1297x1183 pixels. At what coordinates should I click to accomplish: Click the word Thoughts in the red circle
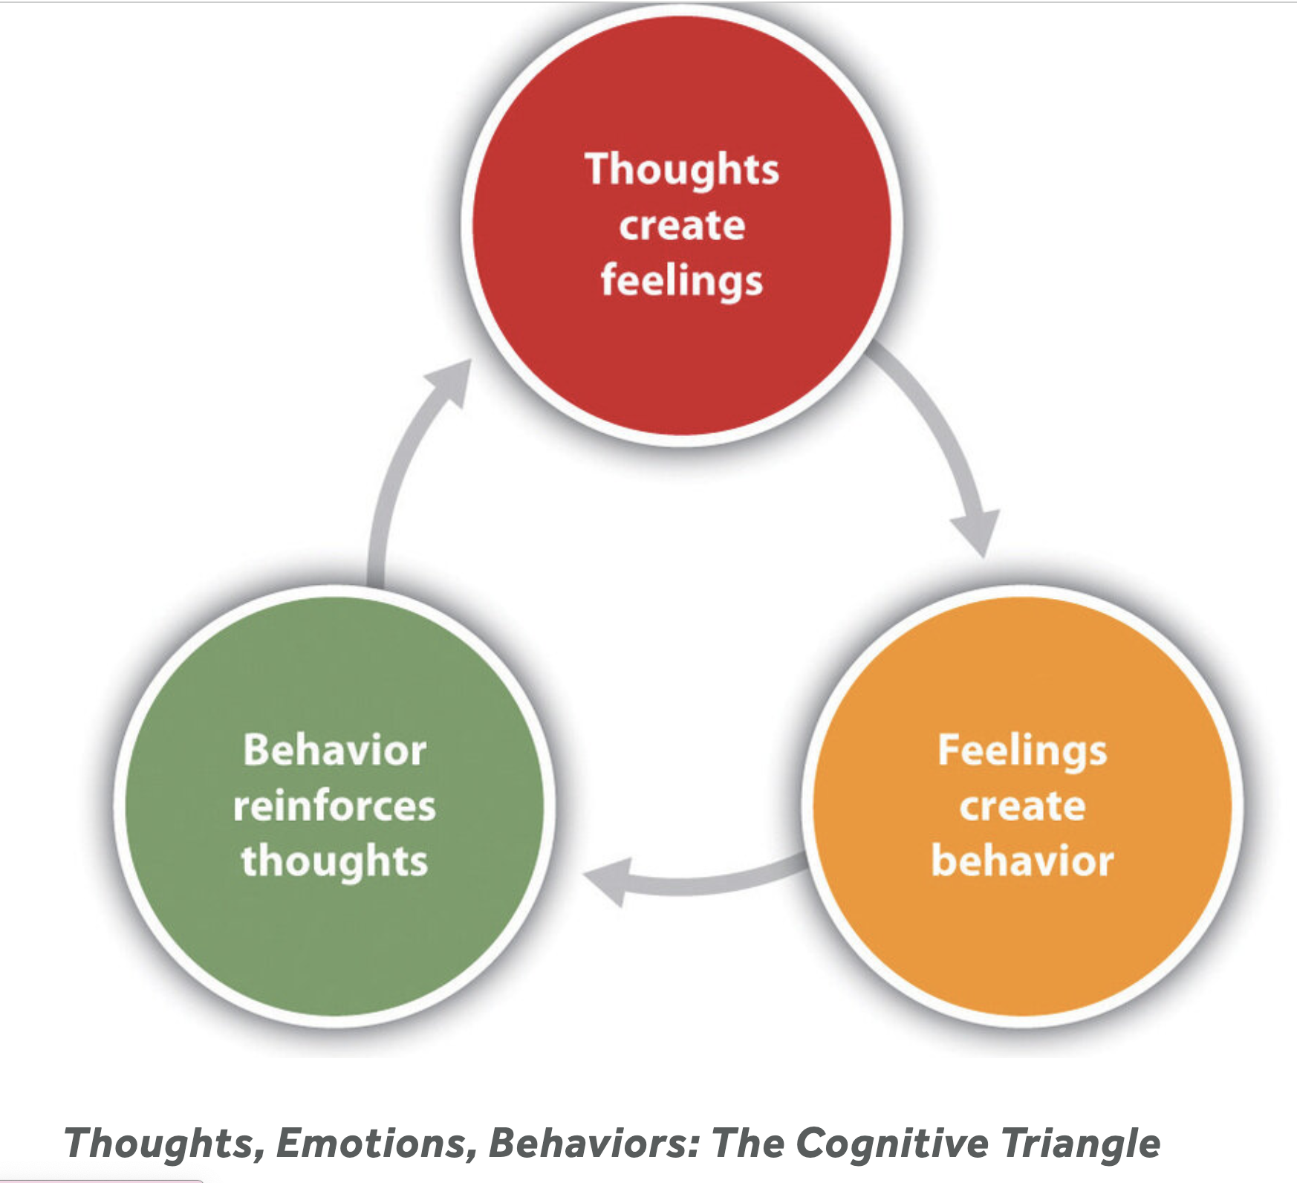point(682,169)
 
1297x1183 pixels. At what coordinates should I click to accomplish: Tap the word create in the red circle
point(682,225)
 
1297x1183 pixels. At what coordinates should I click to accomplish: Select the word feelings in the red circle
point(682,281)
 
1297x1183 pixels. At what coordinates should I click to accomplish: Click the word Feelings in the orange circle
point(1022,751)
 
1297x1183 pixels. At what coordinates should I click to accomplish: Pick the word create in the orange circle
point(1022,806)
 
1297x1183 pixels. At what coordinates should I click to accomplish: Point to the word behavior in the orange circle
point(1022,861)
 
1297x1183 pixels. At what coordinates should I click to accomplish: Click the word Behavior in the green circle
point(335,751)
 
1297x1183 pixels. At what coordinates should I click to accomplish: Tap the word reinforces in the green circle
point(334,806)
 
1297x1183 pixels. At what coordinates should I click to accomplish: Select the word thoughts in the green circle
point(334,861)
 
